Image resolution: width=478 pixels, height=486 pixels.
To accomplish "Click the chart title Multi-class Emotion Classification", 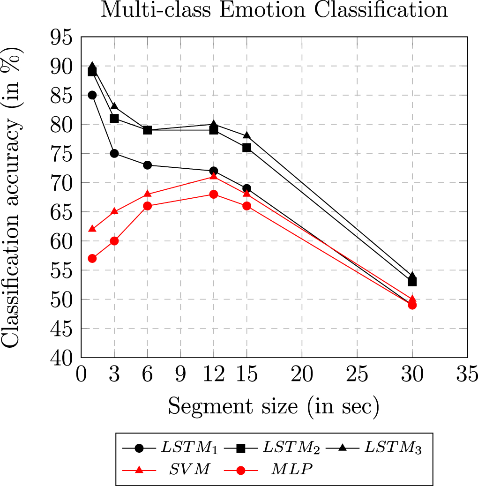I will [274, 10].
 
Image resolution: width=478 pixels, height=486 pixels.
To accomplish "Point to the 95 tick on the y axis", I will [62, 37].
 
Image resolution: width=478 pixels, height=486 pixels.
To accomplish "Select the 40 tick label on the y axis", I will [62, 358].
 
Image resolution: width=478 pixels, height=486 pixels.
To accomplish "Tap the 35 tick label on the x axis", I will [467, 375].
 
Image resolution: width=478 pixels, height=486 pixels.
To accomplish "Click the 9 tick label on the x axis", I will [180, 375].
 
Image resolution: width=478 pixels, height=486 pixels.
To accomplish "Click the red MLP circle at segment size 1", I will [92, 258].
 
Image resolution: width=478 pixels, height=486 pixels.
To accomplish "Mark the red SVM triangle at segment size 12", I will [214, 176].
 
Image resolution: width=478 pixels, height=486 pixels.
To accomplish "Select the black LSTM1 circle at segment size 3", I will [114, 153].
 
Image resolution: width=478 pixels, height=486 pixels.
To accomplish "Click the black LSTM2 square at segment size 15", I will [247, 148].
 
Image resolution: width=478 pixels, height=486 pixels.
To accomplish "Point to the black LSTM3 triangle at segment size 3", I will [114, 107].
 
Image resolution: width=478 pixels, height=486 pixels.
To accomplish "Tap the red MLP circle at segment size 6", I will [147, 206].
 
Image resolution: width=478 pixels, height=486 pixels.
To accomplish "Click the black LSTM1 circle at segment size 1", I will [92, 95].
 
